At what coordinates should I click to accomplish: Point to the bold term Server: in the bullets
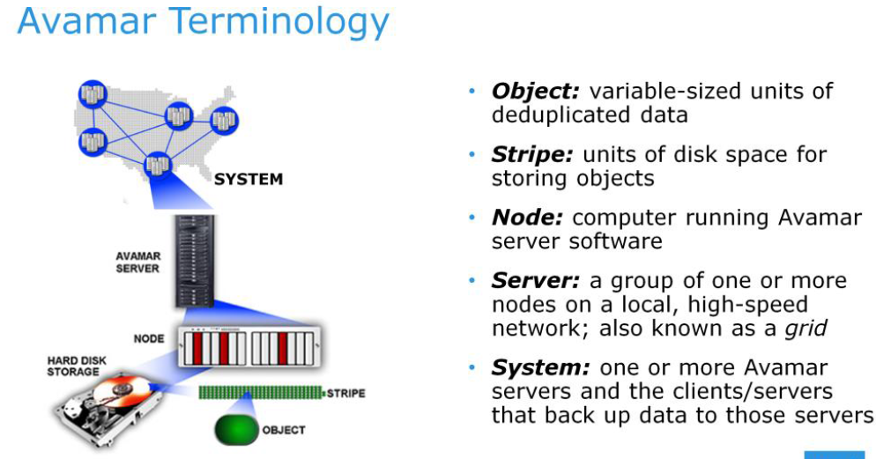[x=535, y=281]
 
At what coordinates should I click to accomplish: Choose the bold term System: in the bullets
[x=540, y=367]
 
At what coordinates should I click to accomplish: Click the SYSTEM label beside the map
[x=249, y=180]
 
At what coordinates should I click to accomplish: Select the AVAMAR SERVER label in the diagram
[x=137, y=262]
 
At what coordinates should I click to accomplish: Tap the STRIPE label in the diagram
[x=345, y=391]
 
